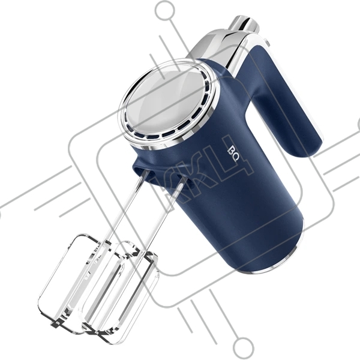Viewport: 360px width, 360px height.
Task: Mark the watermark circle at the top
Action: pos(165,10)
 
